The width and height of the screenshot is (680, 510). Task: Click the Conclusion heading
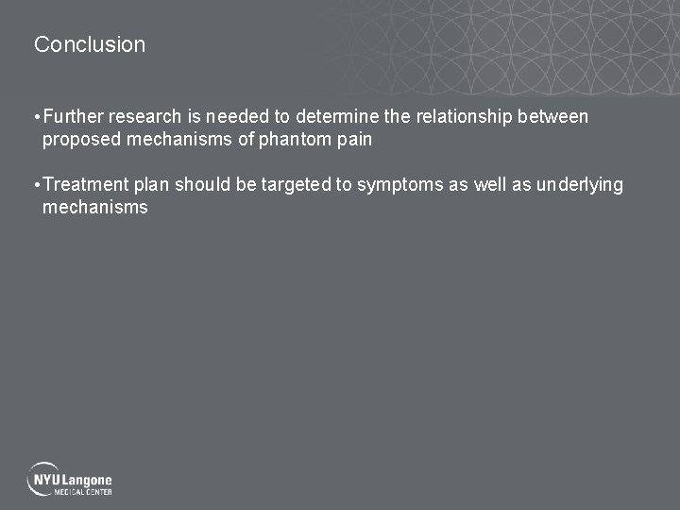click(x=90, y=44)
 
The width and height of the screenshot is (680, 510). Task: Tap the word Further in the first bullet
click(x=73, y=117)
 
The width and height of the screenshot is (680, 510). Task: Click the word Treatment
click(x=86, y=185)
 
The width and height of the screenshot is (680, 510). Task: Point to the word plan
click(x=151, y=185)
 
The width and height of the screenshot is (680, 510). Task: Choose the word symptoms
click(x=399, y=185)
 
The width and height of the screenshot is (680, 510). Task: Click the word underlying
click(x=579, y=185)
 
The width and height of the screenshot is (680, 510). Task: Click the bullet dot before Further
click(x=36, y=118)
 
